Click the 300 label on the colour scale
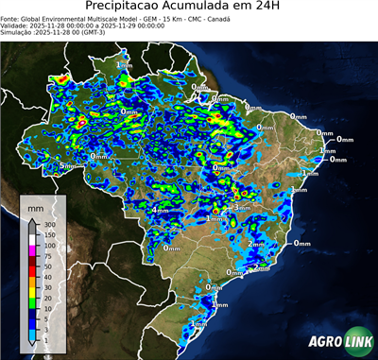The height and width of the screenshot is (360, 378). coord(47,224)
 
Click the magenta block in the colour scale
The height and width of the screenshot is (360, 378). coord(32,249)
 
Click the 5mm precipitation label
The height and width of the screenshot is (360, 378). coord(66,166)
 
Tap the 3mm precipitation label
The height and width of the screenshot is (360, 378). coord(242,208)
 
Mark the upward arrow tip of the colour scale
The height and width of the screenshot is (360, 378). coord(32,220)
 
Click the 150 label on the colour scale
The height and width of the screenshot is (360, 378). coord(47,234)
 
